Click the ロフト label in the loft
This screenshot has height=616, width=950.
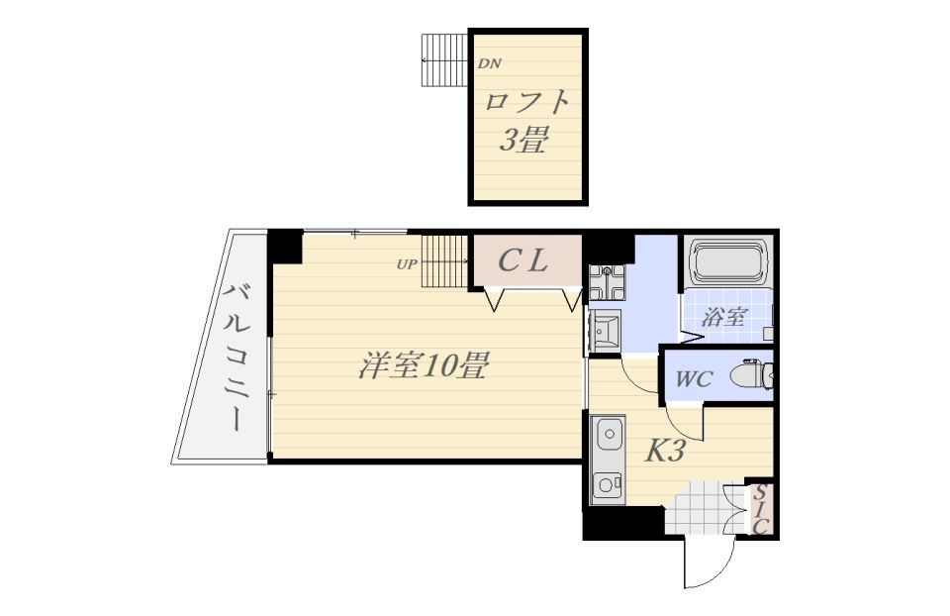pyautogui.click(x=526, y=103)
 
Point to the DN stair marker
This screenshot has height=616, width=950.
pyautogui.click(x=490, y=63)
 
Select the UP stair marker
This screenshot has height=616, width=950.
pyautogui.click(x=407, y=264)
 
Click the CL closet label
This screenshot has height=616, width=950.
pyautogui.click(x=523, y=260)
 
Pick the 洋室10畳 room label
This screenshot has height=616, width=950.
pyautogui.click(x=424, y=365)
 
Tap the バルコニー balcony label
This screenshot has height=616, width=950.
pyautogui.click(x=237, y=357)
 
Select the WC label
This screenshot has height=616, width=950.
pyautogui.click(x=694, y=379)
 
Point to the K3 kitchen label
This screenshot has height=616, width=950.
pyautogui.click(x=665, y=450)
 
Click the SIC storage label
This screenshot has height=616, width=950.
pyautogui.click(x=762, y=509)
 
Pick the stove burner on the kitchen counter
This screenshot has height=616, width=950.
pyautogui.click(x=607, y=484)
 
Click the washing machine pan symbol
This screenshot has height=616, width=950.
pyautogui.click(x=607, y=283)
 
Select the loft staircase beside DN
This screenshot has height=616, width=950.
pyautogui.click(x=444, y=59)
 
